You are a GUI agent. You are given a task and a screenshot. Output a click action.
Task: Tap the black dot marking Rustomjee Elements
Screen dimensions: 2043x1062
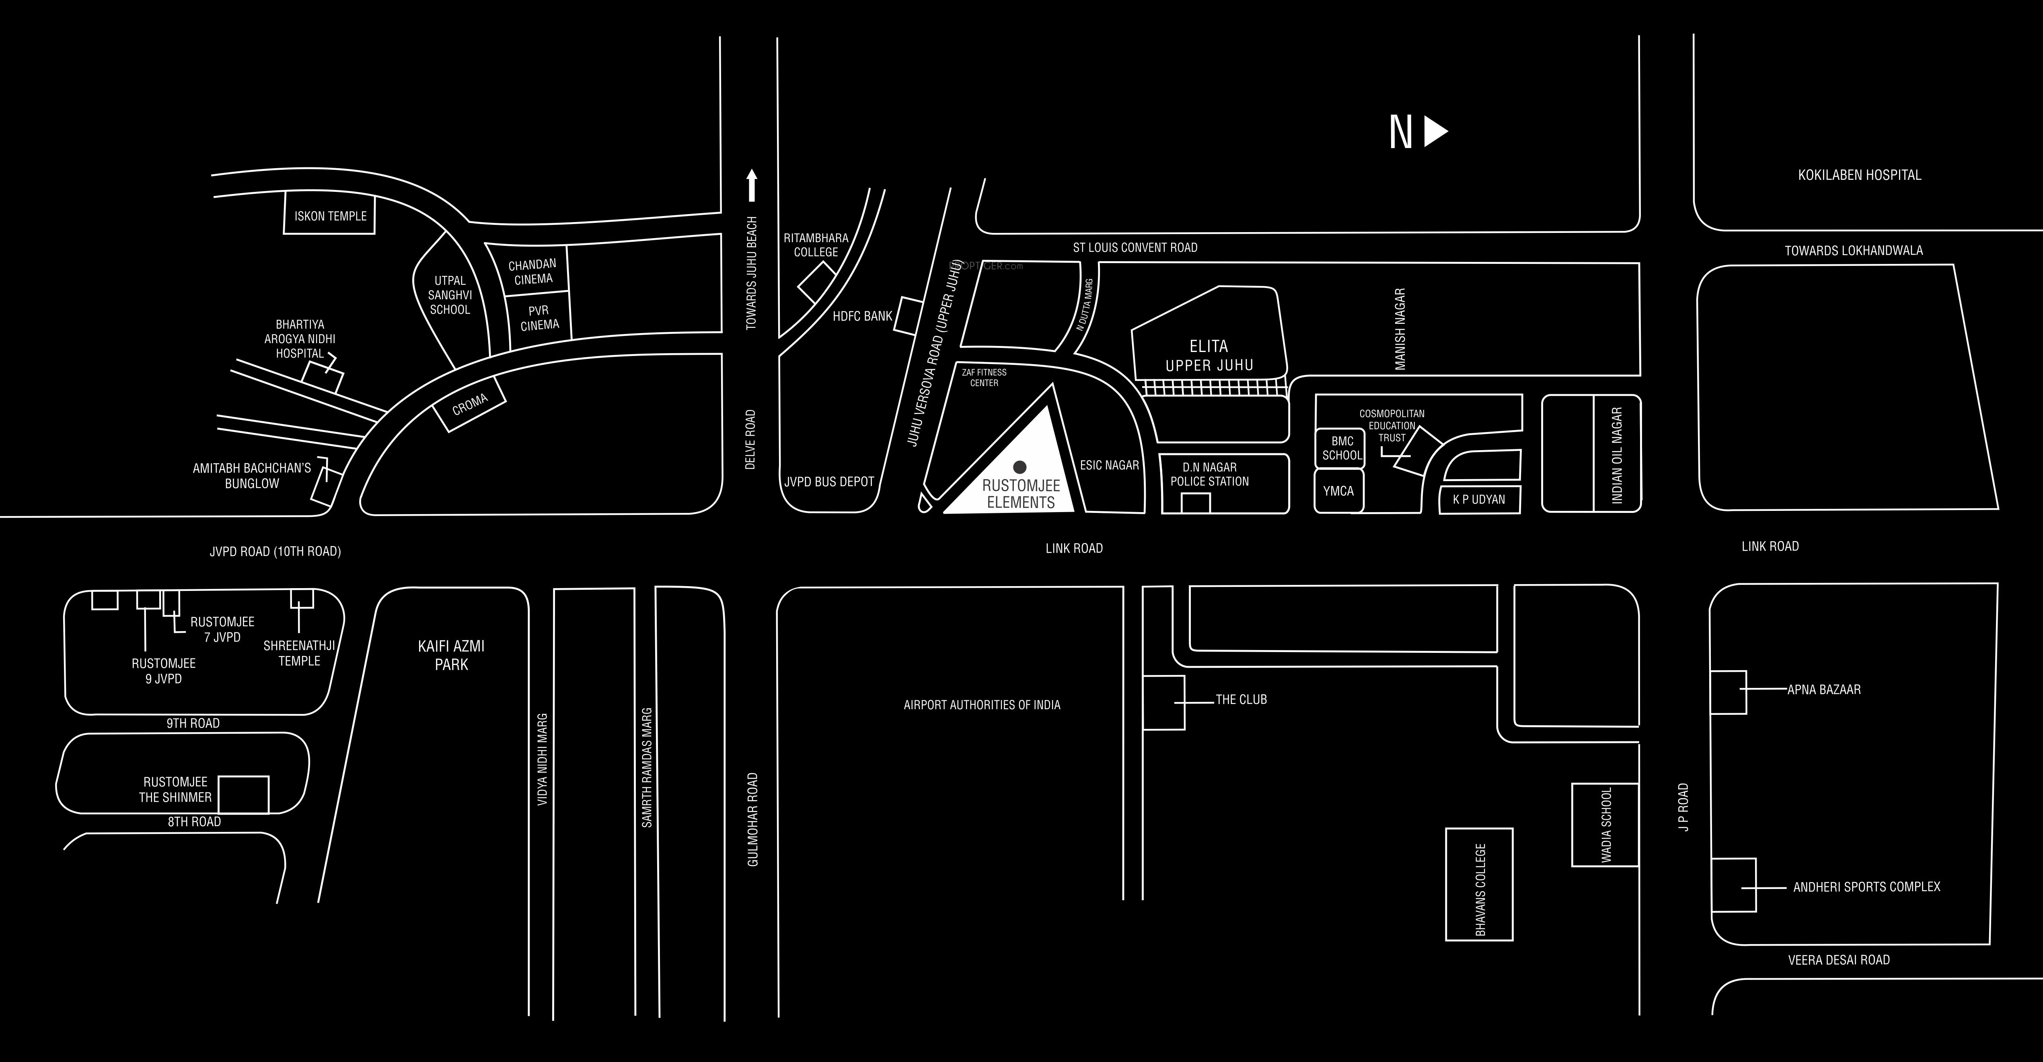(1020, 467)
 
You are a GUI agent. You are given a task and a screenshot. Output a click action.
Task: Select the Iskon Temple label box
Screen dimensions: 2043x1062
(330, 215)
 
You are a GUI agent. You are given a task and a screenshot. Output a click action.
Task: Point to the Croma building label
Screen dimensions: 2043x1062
(469, 405)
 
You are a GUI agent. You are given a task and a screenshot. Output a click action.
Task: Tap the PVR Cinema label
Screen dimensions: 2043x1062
(539, 317)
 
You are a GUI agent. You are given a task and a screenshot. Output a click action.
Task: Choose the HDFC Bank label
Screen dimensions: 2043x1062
(862, 316)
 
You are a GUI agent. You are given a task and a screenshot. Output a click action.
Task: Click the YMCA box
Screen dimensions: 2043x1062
(1339, 491)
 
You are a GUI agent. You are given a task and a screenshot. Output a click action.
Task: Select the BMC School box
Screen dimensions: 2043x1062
(1341, 448)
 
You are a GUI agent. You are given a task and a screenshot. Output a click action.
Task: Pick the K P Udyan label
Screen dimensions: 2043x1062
(1478, 500)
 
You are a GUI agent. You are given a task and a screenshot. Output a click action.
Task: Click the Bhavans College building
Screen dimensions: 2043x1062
(1479, 884)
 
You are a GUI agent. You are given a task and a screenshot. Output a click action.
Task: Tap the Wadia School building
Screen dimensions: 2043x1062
(1605, 825)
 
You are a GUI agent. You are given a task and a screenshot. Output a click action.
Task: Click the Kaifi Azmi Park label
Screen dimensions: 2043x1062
(451, 655)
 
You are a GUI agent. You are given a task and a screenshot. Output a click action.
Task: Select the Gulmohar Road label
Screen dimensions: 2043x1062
(752, 819)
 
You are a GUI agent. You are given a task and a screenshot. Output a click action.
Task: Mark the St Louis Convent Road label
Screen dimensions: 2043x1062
(1135, 247)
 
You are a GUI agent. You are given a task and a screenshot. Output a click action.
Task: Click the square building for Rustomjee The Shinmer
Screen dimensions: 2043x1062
(243, 794)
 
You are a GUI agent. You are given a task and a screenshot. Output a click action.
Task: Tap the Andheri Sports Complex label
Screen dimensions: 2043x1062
(1867, 887)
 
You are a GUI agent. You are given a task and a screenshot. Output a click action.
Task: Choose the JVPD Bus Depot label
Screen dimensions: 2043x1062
(829, 482)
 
